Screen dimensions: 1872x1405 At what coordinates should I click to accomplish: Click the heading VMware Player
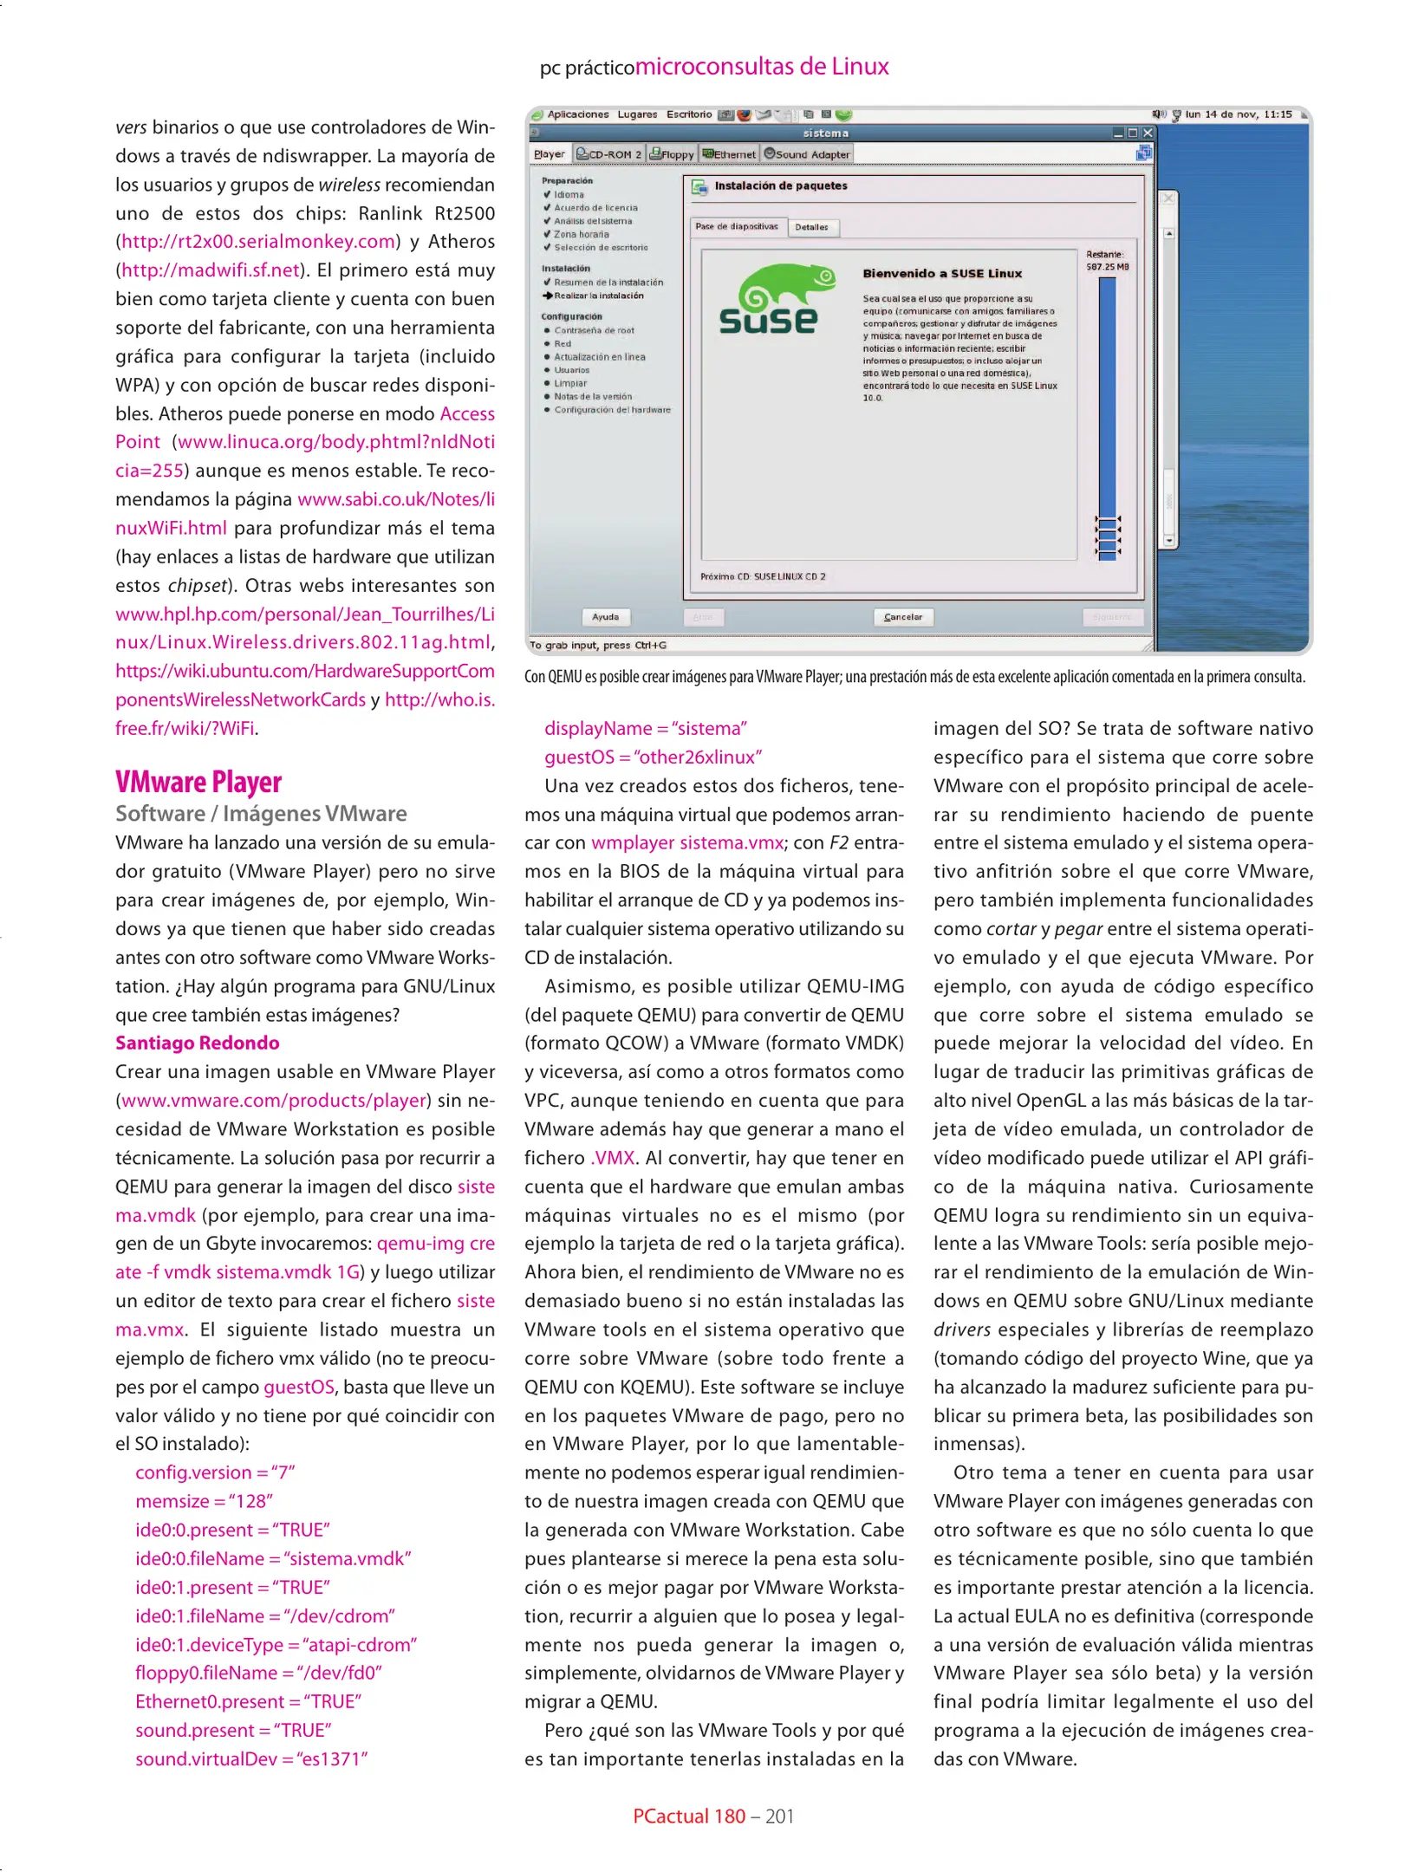point(198,782)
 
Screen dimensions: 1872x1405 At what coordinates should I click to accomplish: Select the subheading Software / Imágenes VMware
point(261,814)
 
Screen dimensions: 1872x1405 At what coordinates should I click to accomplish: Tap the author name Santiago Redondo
point(198,1043)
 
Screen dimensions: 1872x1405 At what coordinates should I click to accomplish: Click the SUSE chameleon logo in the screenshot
point(771,299)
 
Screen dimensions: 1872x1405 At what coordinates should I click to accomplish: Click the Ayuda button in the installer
point(605,617)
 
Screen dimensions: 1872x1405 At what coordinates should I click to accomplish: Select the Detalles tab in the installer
point(811,228)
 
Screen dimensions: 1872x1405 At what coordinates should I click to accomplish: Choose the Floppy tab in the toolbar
point(672,154)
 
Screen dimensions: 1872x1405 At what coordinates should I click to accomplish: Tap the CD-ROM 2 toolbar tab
point(608,154)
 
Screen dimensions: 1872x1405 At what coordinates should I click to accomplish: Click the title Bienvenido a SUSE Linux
point(942,274)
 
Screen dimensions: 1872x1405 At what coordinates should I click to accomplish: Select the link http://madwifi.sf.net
point(211,270)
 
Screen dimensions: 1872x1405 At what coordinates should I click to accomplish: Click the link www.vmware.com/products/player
point(274,1101)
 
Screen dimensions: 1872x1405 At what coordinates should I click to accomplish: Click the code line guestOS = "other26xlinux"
point(653,757)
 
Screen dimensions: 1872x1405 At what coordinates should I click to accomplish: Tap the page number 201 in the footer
point(779,1817)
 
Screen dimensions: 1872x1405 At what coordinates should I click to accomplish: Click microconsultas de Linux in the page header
point(762,67)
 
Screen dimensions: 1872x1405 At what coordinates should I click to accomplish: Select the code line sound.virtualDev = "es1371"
point(251,1759)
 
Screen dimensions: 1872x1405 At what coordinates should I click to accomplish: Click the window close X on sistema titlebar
point(1148,133)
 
